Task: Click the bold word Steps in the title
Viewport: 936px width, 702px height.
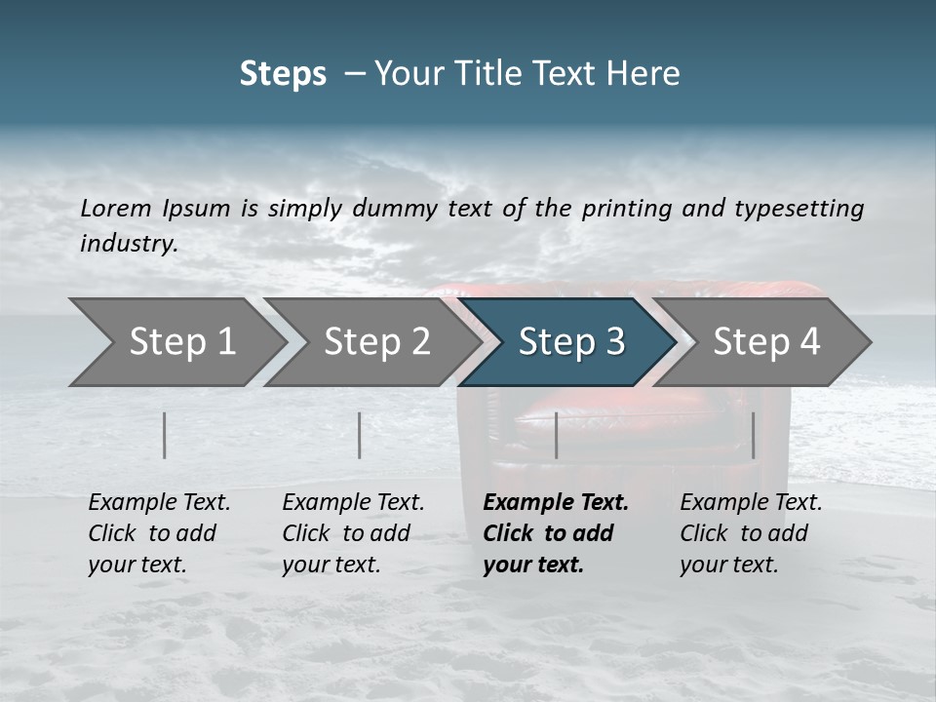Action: click(x=283, y=74)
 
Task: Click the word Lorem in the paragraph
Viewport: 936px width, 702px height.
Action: click(x=114, y=209)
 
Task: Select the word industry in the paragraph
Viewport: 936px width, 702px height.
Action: click(x=129, y=244)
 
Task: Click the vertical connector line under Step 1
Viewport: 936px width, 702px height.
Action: click(x=165, y=435)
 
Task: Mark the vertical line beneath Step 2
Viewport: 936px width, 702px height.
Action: click(x=360, y=435)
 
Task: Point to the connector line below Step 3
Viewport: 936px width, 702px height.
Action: click(x=556, y=435)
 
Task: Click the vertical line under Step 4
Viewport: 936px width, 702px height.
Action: click(x=753, y=435)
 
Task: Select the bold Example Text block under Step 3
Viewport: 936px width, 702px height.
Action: click(x=556, y=533)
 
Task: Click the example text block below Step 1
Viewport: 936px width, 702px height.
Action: click(x=159, y=533)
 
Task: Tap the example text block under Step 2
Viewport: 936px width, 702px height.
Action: click(x=353, y=533)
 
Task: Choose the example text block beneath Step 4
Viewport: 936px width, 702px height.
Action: click(x=751, y=533)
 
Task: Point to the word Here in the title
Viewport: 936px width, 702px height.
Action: click(x=643, y=74)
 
